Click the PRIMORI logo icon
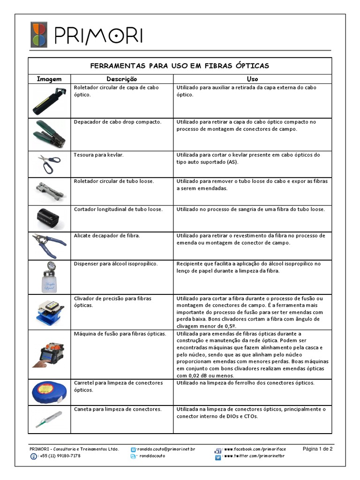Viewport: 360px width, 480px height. [x=38, y=35]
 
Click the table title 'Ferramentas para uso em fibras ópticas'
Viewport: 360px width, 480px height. [x=180, y=66]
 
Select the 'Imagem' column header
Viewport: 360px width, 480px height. [x=50, y=79]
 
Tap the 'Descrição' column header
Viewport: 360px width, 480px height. [x=122, y=79]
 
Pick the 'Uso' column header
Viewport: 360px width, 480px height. [x=252, y=79]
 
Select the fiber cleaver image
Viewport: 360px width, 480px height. [x=49, y=312]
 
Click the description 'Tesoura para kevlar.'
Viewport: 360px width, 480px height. [x=99, y=155]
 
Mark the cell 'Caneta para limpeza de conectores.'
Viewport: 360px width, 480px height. [x=118, y=409]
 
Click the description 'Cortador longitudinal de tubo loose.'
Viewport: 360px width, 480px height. [x=119, y=209]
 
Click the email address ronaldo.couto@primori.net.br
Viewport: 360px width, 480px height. [x=165, y=449]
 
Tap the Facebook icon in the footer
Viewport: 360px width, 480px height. [x=218, y=450]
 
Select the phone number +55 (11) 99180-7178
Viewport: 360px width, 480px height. [x=60, y=456]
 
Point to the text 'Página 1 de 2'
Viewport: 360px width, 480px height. [x=317, y=449]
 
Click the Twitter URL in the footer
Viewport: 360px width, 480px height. [x=255, y=456]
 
